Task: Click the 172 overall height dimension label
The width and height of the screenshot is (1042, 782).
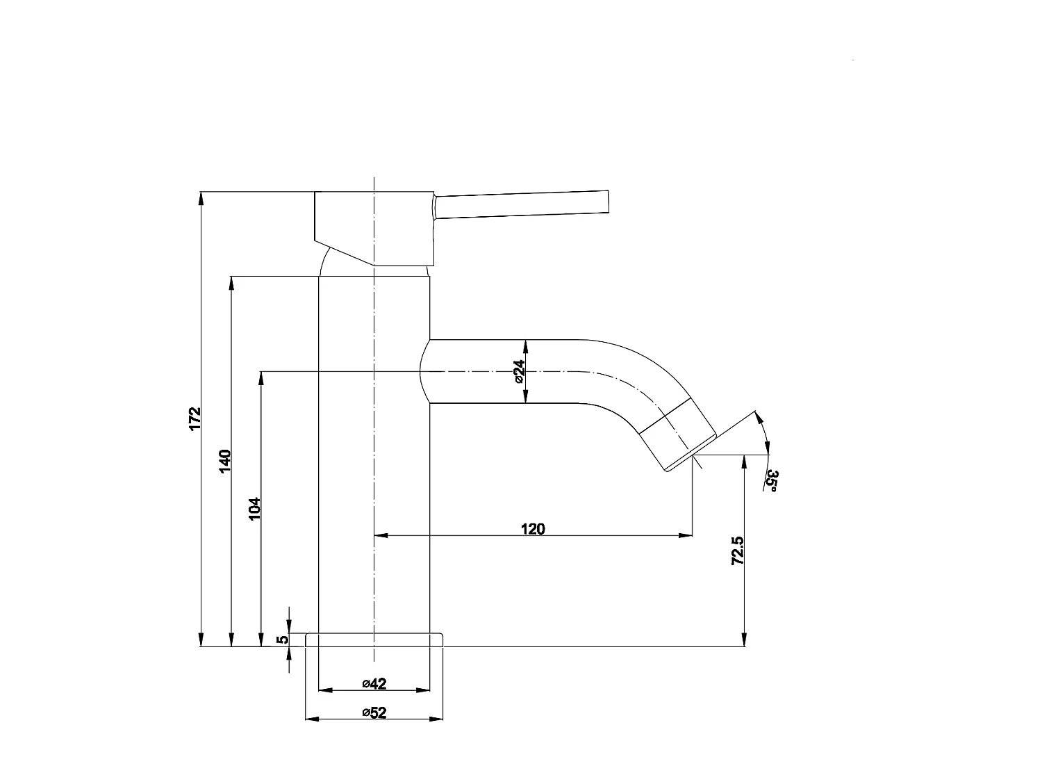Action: [195, 418]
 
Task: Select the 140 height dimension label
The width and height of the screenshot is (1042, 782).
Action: [225, 462]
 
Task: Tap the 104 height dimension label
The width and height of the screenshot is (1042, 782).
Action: [254, 509]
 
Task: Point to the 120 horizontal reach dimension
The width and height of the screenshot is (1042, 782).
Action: [533, 528]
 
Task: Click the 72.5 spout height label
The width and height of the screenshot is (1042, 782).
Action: [738, 550]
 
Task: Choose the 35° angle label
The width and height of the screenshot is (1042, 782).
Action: [772, 481]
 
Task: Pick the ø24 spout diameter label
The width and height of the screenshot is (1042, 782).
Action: [519, 372]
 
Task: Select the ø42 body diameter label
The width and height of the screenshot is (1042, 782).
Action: [374, 684]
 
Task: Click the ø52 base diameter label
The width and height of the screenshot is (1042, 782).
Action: [374, 712]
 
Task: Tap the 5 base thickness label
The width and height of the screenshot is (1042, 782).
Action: [281, 640]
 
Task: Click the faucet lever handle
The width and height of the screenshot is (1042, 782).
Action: [521, 204]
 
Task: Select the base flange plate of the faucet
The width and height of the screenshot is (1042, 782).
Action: [374, 640]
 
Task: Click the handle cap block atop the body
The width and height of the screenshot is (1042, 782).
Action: [375, 226]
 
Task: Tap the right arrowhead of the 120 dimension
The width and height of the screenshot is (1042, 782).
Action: [687, 535]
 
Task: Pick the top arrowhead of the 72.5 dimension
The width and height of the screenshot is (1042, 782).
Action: [744, 461]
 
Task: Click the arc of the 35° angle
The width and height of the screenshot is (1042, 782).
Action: [765, 434]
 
